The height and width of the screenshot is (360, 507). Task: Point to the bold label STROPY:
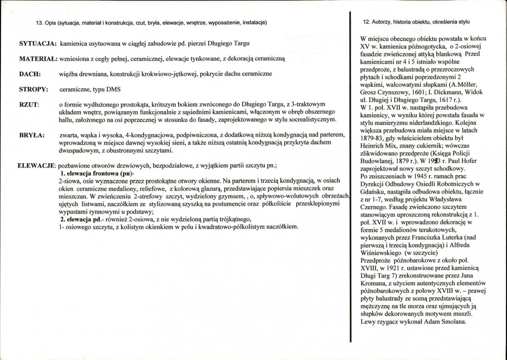coord(33,90)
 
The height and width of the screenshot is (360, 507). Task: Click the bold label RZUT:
coord(29,104)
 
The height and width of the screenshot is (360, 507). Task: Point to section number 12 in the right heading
coord(367,22)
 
